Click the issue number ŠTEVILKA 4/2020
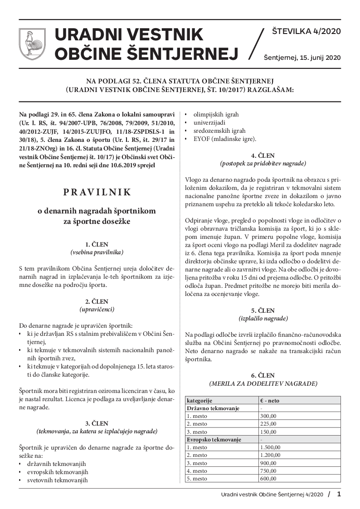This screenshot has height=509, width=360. pos(306,32)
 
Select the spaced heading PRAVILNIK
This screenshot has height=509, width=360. pos(97,192)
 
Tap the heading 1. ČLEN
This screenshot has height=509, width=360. pos(97,244)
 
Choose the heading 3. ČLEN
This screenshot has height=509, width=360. pos(97,423)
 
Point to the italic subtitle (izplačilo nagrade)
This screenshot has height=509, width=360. pos(263,319)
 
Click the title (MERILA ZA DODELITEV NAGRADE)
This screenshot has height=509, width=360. pos(263,383)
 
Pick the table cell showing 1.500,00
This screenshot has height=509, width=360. pos(271,447)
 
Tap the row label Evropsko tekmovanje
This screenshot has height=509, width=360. pos(214,440)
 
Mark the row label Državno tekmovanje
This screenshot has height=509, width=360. pos(213,408)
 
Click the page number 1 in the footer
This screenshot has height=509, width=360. pos(339,494)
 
